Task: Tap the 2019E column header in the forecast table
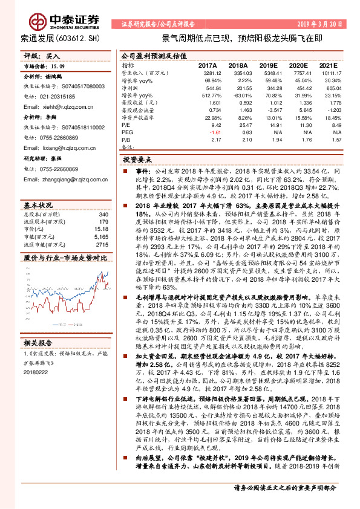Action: [x=268, y=65]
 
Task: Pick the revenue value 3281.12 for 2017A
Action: [x=209, y=73]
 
